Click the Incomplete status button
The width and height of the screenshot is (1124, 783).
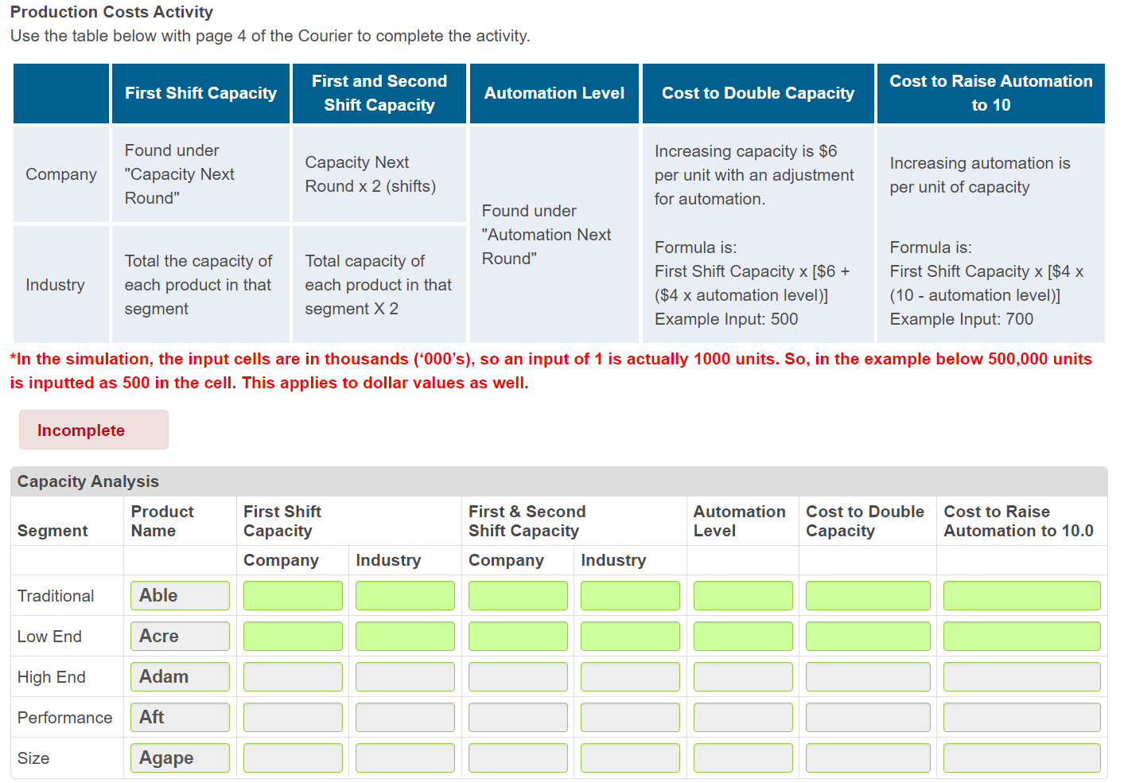point(93,430)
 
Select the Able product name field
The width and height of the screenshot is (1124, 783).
point(180,595)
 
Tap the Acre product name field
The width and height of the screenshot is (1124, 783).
point(180,636)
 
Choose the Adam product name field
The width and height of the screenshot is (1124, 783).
point(180,676)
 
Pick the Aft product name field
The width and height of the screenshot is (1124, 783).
point(180,717)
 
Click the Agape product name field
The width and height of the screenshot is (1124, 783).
point(180,758)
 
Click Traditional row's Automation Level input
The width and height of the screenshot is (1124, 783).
point(743,595)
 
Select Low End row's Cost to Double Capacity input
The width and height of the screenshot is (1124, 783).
point(868,636)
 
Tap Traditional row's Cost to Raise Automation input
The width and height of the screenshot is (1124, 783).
point(1021,595)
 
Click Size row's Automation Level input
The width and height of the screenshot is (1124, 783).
point(743,758)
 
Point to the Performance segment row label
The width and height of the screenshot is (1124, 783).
point(65,718)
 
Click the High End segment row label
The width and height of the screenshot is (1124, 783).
point(52,677)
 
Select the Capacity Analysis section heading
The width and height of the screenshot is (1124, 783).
point(88,481)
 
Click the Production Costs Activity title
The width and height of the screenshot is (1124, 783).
point(111,12)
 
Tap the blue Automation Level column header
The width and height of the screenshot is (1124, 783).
point(554,93)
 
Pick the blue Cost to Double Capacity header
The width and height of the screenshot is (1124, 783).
point(758,93)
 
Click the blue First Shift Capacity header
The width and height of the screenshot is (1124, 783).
point(200,93)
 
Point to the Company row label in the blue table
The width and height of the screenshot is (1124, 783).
point(61,174)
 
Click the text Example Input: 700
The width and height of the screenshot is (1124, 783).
point(962,319)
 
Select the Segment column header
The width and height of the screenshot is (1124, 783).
point(53,531)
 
